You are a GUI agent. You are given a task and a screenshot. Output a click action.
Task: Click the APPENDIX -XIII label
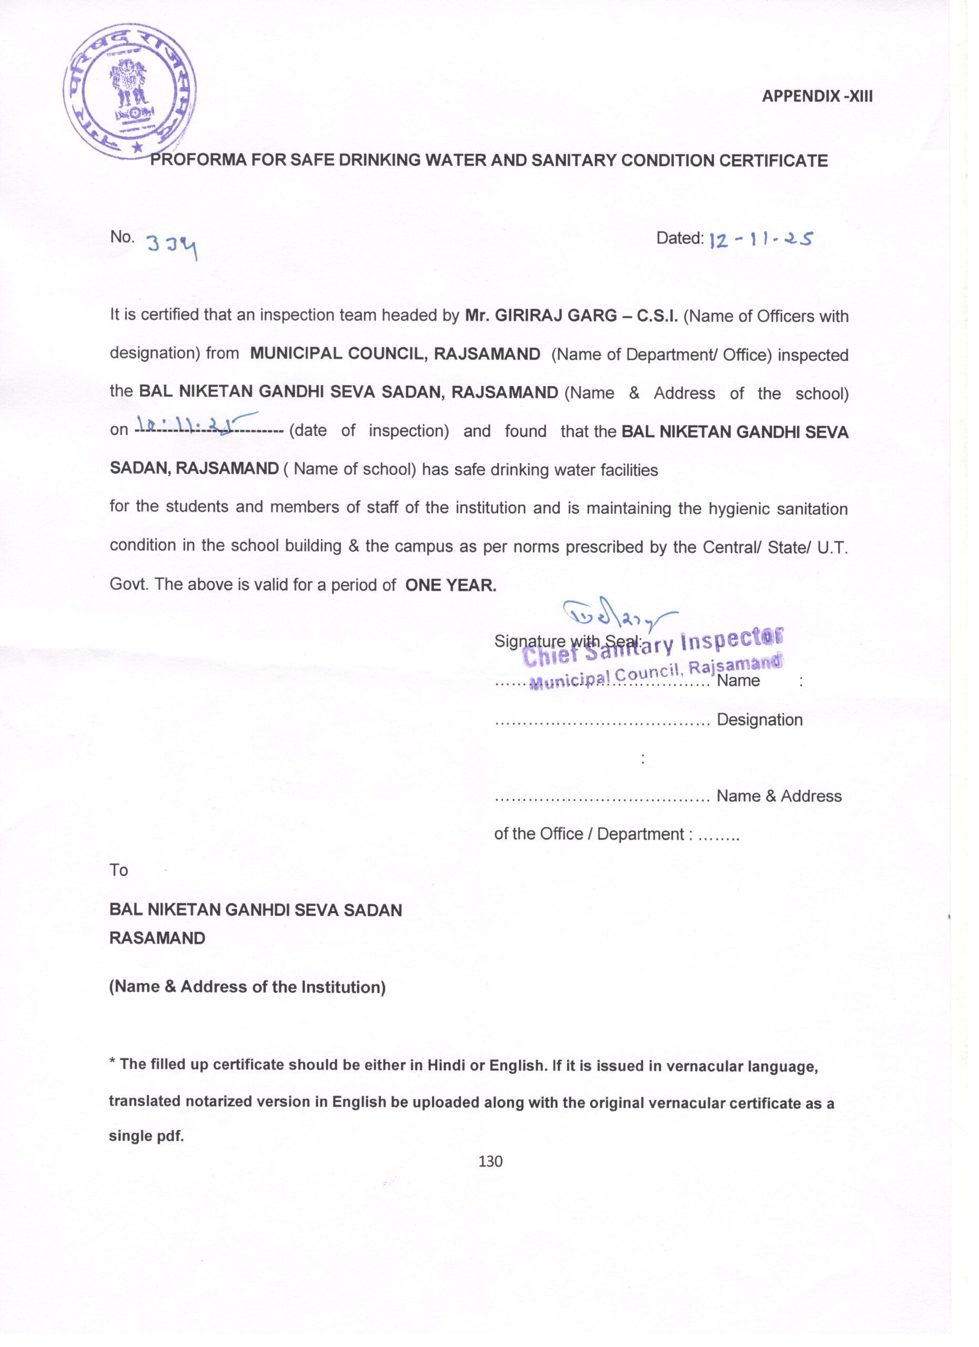tap(817, 96)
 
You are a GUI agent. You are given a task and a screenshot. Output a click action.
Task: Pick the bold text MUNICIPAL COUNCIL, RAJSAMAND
tap(395, 354)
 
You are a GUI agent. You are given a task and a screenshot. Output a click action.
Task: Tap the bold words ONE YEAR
tap(451, 586)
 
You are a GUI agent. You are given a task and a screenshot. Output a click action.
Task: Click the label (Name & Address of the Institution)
tap(247, 987)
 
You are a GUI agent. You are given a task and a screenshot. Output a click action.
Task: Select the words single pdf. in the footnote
tap(146, 1135)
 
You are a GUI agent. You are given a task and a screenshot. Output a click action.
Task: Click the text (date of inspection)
tap(369, 430)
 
